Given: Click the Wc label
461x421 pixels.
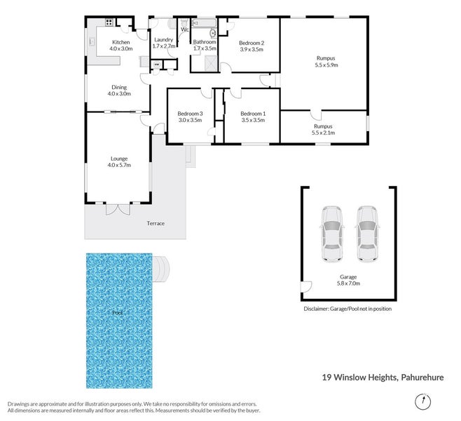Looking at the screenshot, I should click(x=185, y=29).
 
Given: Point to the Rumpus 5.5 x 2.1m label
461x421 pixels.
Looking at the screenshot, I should click(x=323, y=129).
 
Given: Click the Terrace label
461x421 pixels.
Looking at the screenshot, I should click(x=156, y=223).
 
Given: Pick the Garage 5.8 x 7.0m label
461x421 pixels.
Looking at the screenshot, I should click(x=348, y=281).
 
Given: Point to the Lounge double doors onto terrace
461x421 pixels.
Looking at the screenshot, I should click(x=118, y=210).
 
